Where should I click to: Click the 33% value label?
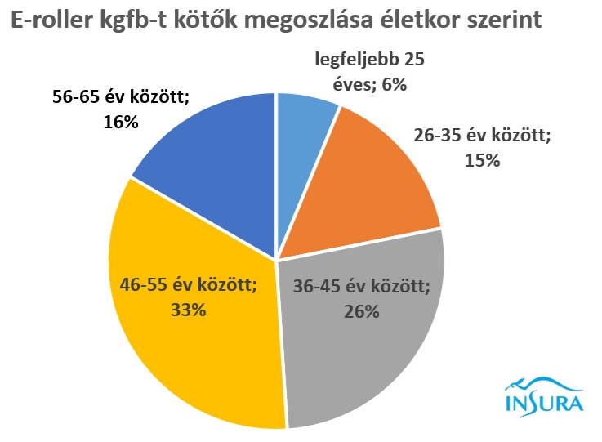coord(188,310)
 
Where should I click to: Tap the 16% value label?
coord(121,123)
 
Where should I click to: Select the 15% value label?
coord(481,160)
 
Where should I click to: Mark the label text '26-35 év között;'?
coord(482,136)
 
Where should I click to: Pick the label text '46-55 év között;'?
coord(188,286)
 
